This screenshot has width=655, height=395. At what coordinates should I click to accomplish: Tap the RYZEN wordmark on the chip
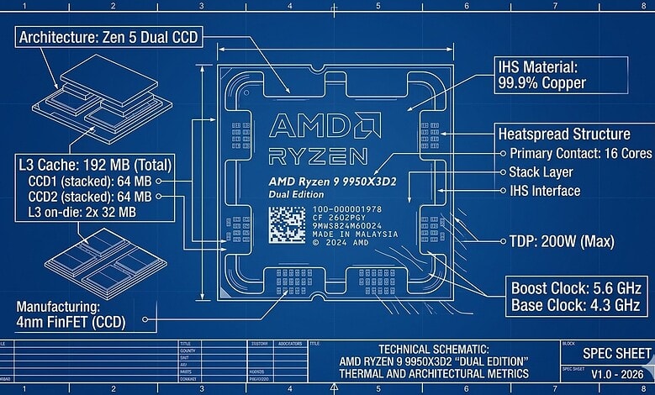click(x=318, y=156)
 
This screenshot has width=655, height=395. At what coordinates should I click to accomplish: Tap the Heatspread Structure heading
click(x=564, y=134)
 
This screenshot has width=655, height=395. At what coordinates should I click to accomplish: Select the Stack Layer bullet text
click(x=544, y=172)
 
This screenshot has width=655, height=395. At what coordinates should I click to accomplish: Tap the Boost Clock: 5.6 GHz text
click(x=570, y=287)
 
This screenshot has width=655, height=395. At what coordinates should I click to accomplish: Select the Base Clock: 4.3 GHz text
click(x=568, y=306)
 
